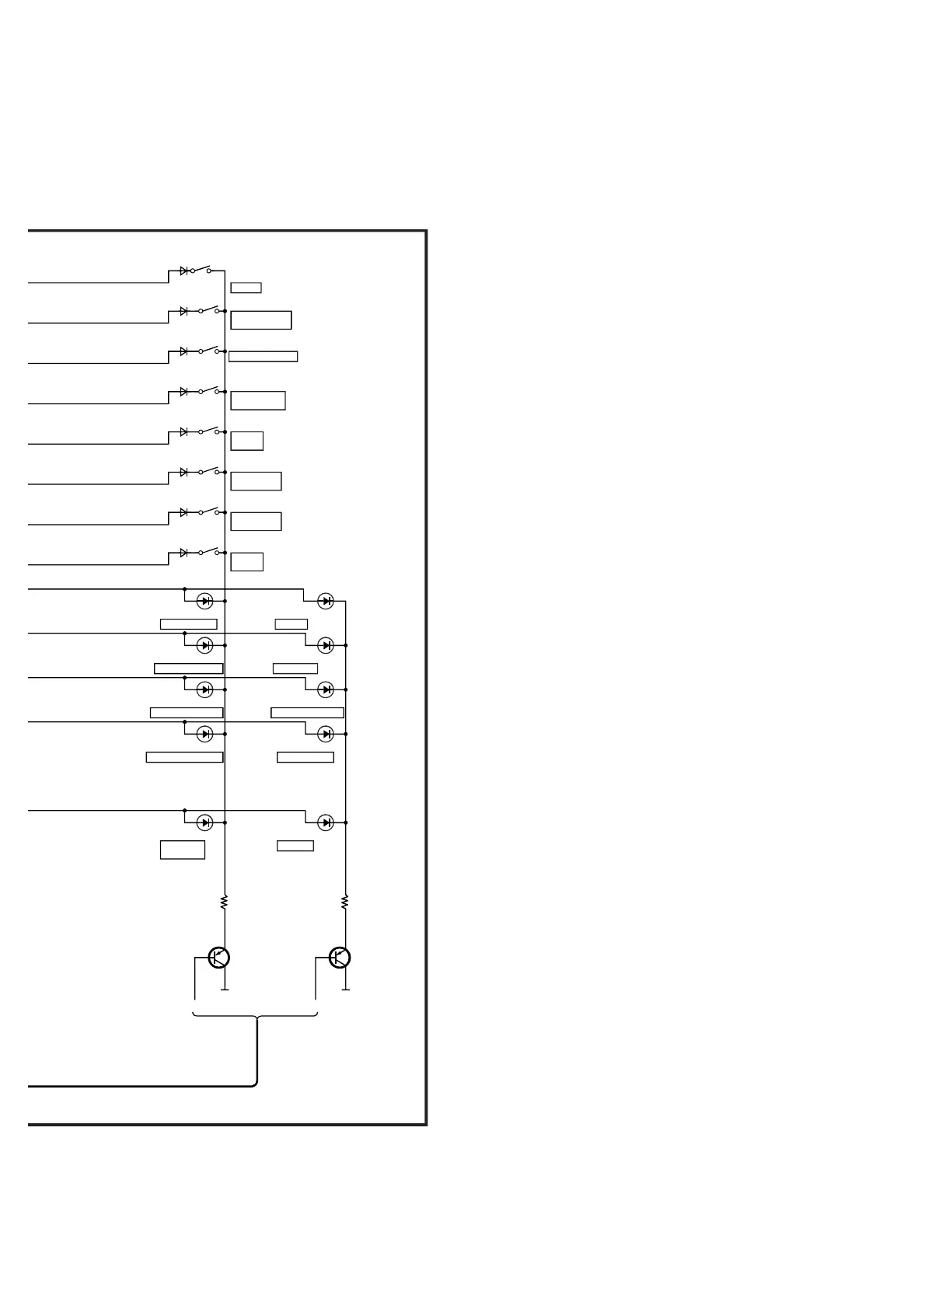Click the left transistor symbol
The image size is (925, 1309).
click(x=218, y=958)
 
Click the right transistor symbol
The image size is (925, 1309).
click(x=340, y=958)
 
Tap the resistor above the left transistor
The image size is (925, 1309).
click(x=225, y=902)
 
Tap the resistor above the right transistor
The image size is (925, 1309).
click(x=345, y=902)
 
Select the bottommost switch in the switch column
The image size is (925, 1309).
click(x=208, y=552)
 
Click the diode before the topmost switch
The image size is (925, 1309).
click(x=184, y=271)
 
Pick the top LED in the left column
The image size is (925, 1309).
click(x=205, y=601)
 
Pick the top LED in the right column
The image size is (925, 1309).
click(x=326, y=601)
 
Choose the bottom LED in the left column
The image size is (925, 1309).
click(x=205, y=822)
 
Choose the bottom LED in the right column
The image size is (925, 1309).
click(x=326, y=822)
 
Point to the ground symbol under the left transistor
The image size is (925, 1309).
click(x=225, y=989)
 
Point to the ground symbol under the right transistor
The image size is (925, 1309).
click(x=346, y=989)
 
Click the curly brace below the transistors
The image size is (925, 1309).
click(x=255, y=1015)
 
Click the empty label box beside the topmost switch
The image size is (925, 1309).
click(x=246, y=288)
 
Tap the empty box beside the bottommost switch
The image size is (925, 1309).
click(x=247, y=561)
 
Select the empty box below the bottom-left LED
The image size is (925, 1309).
click(x=183, y=850)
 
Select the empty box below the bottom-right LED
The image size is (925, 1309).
click(x=295, y=846)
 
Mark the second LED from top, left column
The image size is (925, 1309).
click(x=205, y=645)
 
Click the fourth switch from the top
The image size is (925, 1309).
click(x=208, y=391)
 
